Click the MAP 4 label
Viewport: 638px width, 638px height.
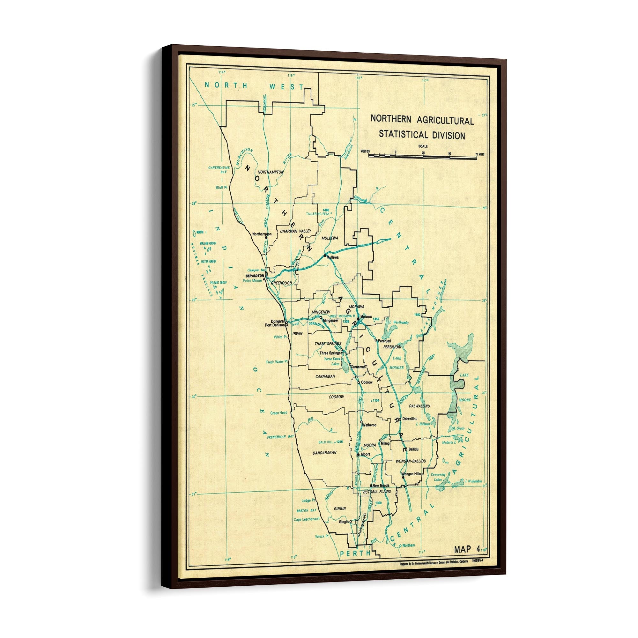click(x=467, y=550)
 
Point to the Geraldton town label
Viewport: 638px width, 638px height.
click(x=255, y=275)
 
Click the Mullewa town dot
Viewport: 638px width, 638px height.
click(x=325, y=256)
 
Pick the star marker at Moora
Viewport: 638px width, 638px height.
click(x=358, y=454)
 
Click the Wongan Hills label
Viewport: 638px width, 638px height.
click(x=411, y=473)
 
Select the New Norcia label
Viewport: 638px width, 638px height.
click(x=381, y=486)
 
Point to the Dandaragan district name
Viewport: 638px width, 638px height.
click(x=324, y=453)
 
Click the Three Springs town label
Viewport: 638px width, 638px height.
click(x=330, y=353)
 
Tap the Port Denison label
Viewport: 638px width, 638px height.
click(x=275, y=325)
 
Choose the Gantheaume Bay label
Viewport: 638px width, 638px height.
click(x=219, y=170)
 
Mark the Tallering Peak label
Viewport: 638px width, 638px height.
click(x=318, y=214)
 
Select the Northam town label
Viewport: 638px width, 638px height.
click(x=409, y=545)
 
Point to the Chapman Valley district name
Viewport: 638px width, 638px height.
click(x=296, y=231)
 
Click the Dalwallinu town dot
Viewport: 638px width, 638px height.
click(x=400, y=419)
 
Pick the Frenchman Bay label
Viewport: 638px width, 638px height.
click(x=280, y=437)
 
